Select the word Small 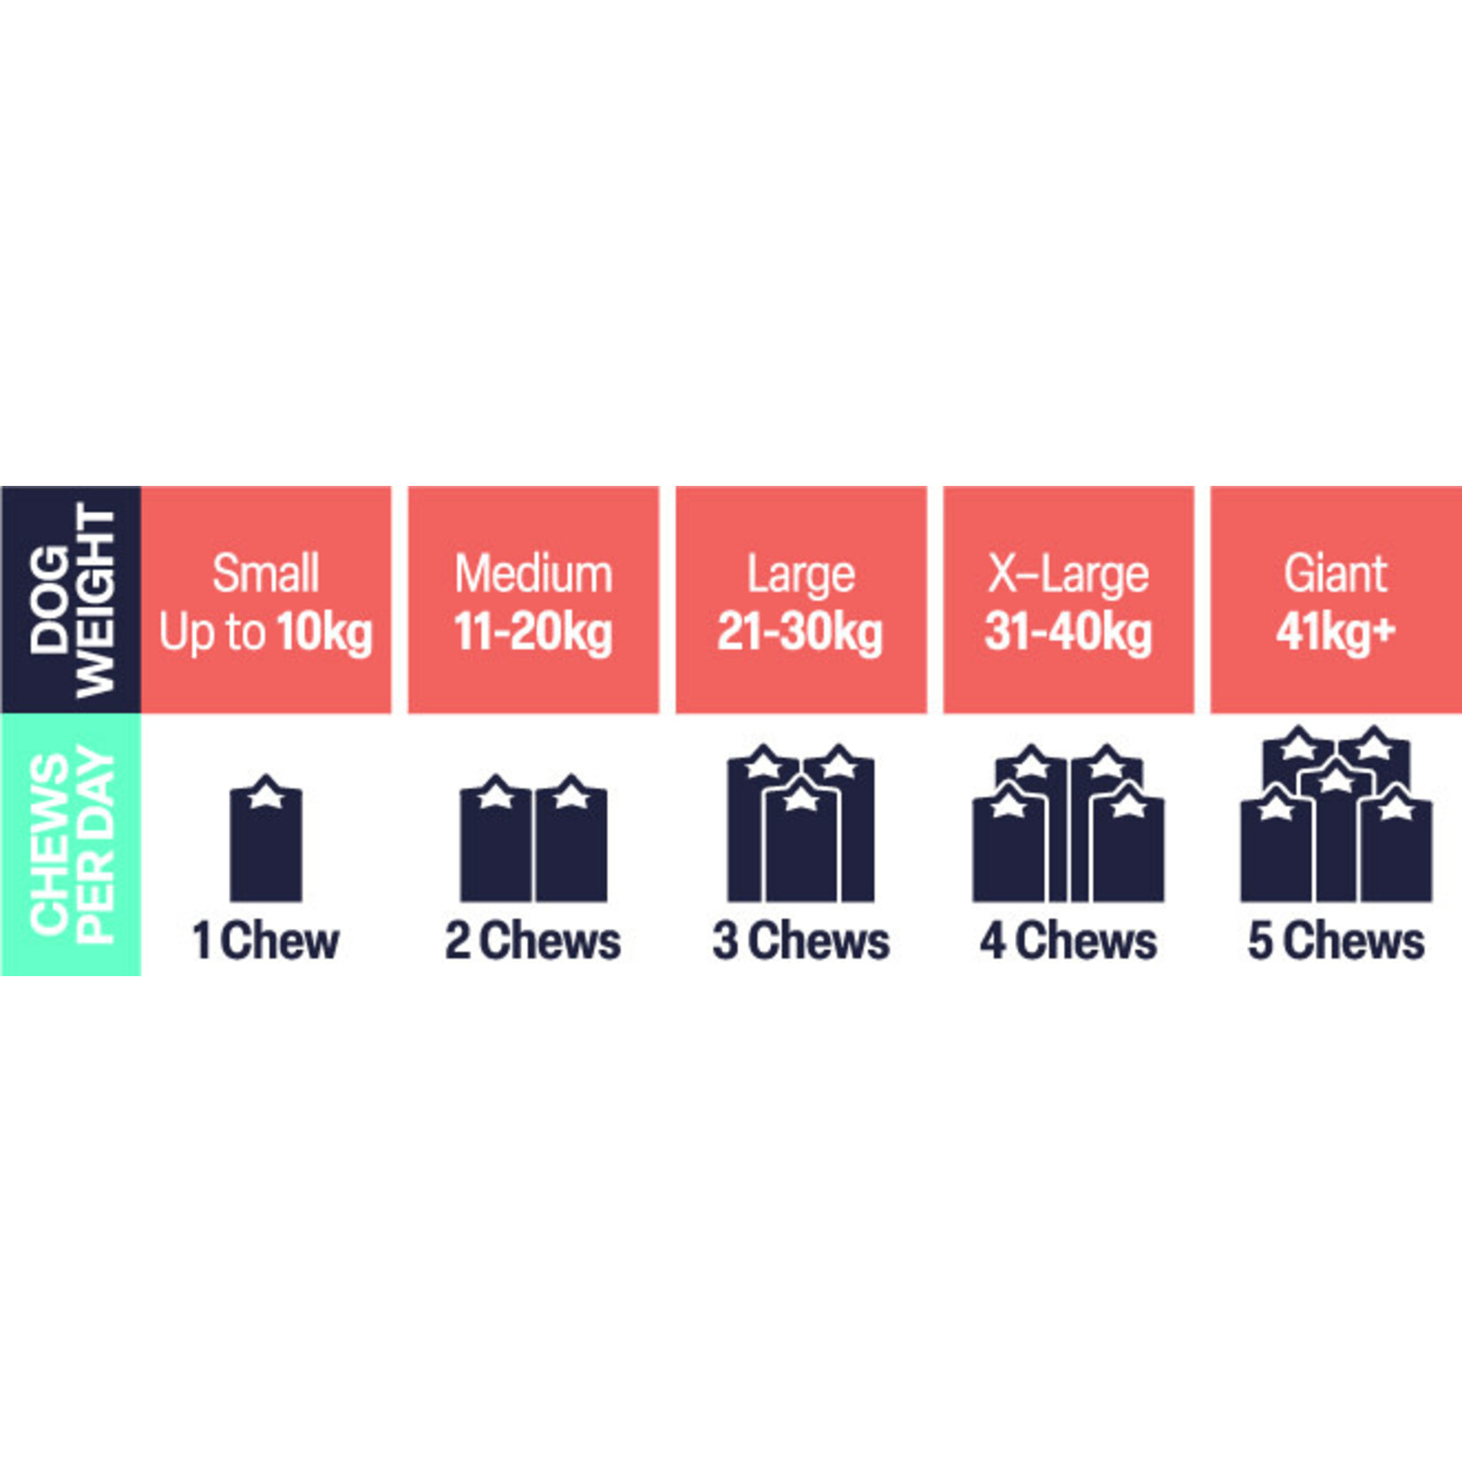(x=265, y=573)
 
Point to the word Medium (x=533, y=573)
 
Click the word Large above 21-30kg (x=801, y=575)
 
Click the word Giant (x=1335, y=573)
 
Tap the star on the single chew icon (x=265, y=797)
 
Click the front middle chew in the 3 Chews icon (x=801, y=845)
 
